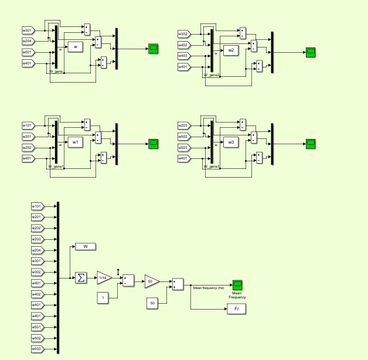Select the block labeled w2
[231, 50]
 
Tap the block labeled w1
[75, 142]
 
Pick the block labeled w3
[231, 142]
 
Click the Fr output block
[236, 308]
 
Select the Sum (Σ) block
[80, 277]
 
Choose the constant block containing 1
[104, 298]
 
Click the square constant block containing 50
[152, 303]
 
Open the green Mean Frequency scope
[237, 284]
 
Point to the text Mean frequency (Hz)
[209, 288]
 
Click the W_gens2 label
[212, 75]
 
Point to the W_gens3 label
[212, 167]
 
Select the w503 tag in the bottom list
[37, 349]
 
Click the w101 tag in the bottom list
[37, 206]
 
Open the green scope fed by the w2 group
[311, 52]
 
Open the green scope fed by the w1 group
[154, 144]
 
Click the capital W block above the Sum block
[86, 246]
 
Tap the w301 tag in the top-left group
[28, 30]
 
